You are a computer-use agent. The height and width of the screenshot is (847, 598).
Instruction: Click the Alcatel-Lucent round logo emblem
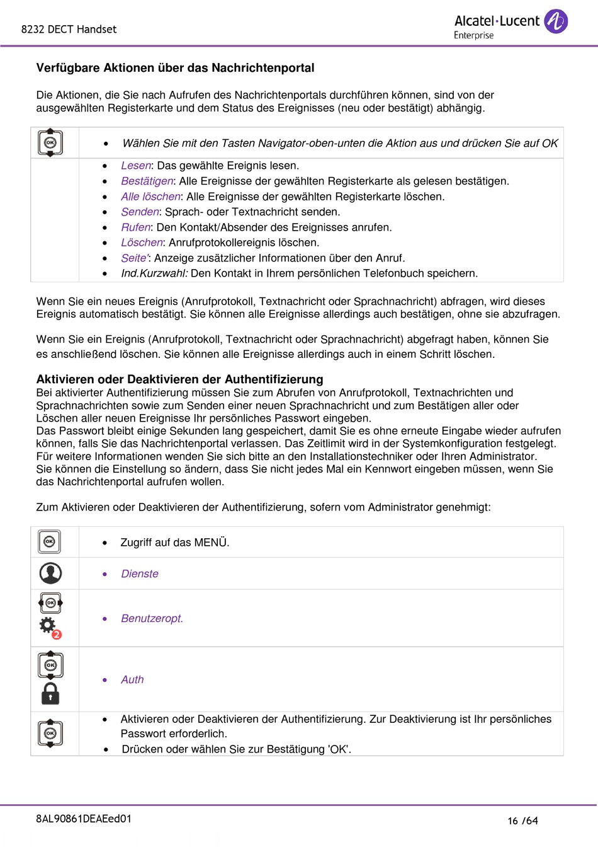(x=556, y=21)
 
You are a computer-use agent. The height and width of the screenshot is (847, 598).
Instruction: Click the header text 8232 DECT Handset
(x=69, y=29)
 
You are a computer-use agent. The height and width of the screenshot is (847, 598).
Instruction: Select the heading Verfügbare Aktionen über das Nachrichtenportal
(x=175, y=67)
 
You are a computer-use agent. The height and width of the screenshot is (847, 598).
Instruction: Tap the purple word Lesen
(x=136, y=166)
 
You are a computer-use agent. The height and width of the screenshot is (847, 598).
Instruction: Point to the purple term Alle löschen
(x=150, y=197)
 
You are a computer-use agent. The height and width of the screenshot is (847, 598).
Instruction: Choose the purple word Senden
(x=140, y=212)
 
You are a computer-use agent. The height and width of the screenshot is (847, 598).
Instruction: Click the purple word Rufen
(x=136, y=228)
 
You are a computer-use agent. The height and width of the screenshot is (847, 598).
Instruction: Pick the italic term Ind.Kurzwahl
(x=154, y=274)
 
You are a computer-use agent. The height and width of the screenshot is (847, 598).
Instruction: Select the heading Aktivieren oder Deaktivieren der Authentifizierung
(x=179, y=379)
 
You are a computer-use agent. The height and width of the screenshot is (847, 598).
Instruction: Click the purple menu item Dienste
(x=140, y=574)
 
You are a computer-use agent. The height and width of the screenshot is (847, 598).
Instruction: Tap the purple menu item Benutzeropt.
(x=152, y=619)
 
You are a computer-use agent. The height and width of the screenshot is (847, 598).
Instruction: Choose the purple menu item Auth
(x=132, y=680)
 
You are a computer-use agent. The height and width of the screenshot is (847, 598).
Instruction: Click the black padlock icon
(x=50, y=693)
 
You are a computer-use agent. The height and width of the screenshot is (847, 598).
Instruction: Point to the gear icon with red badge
(x=48, y=626)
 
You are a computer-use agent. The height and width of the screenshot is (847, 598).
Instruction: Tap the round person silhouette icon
(x=50, y=573)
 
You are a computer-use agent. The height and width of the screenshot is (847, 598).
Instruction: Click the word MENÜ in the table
(x=211, y=543)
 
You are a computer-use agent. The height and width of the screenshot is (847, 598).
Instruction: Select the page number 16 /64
(x=522, y=821)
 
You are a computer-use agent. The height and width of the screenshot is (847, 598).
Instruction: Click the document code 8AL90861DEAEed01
(x=84, y=819)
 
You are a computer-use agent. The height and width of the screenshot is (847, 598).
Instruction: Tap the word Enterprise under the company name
(x=473, y=35)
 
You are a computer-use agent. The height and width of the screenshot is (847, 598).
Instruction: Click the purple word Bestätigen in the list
(x=147, y=181)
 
